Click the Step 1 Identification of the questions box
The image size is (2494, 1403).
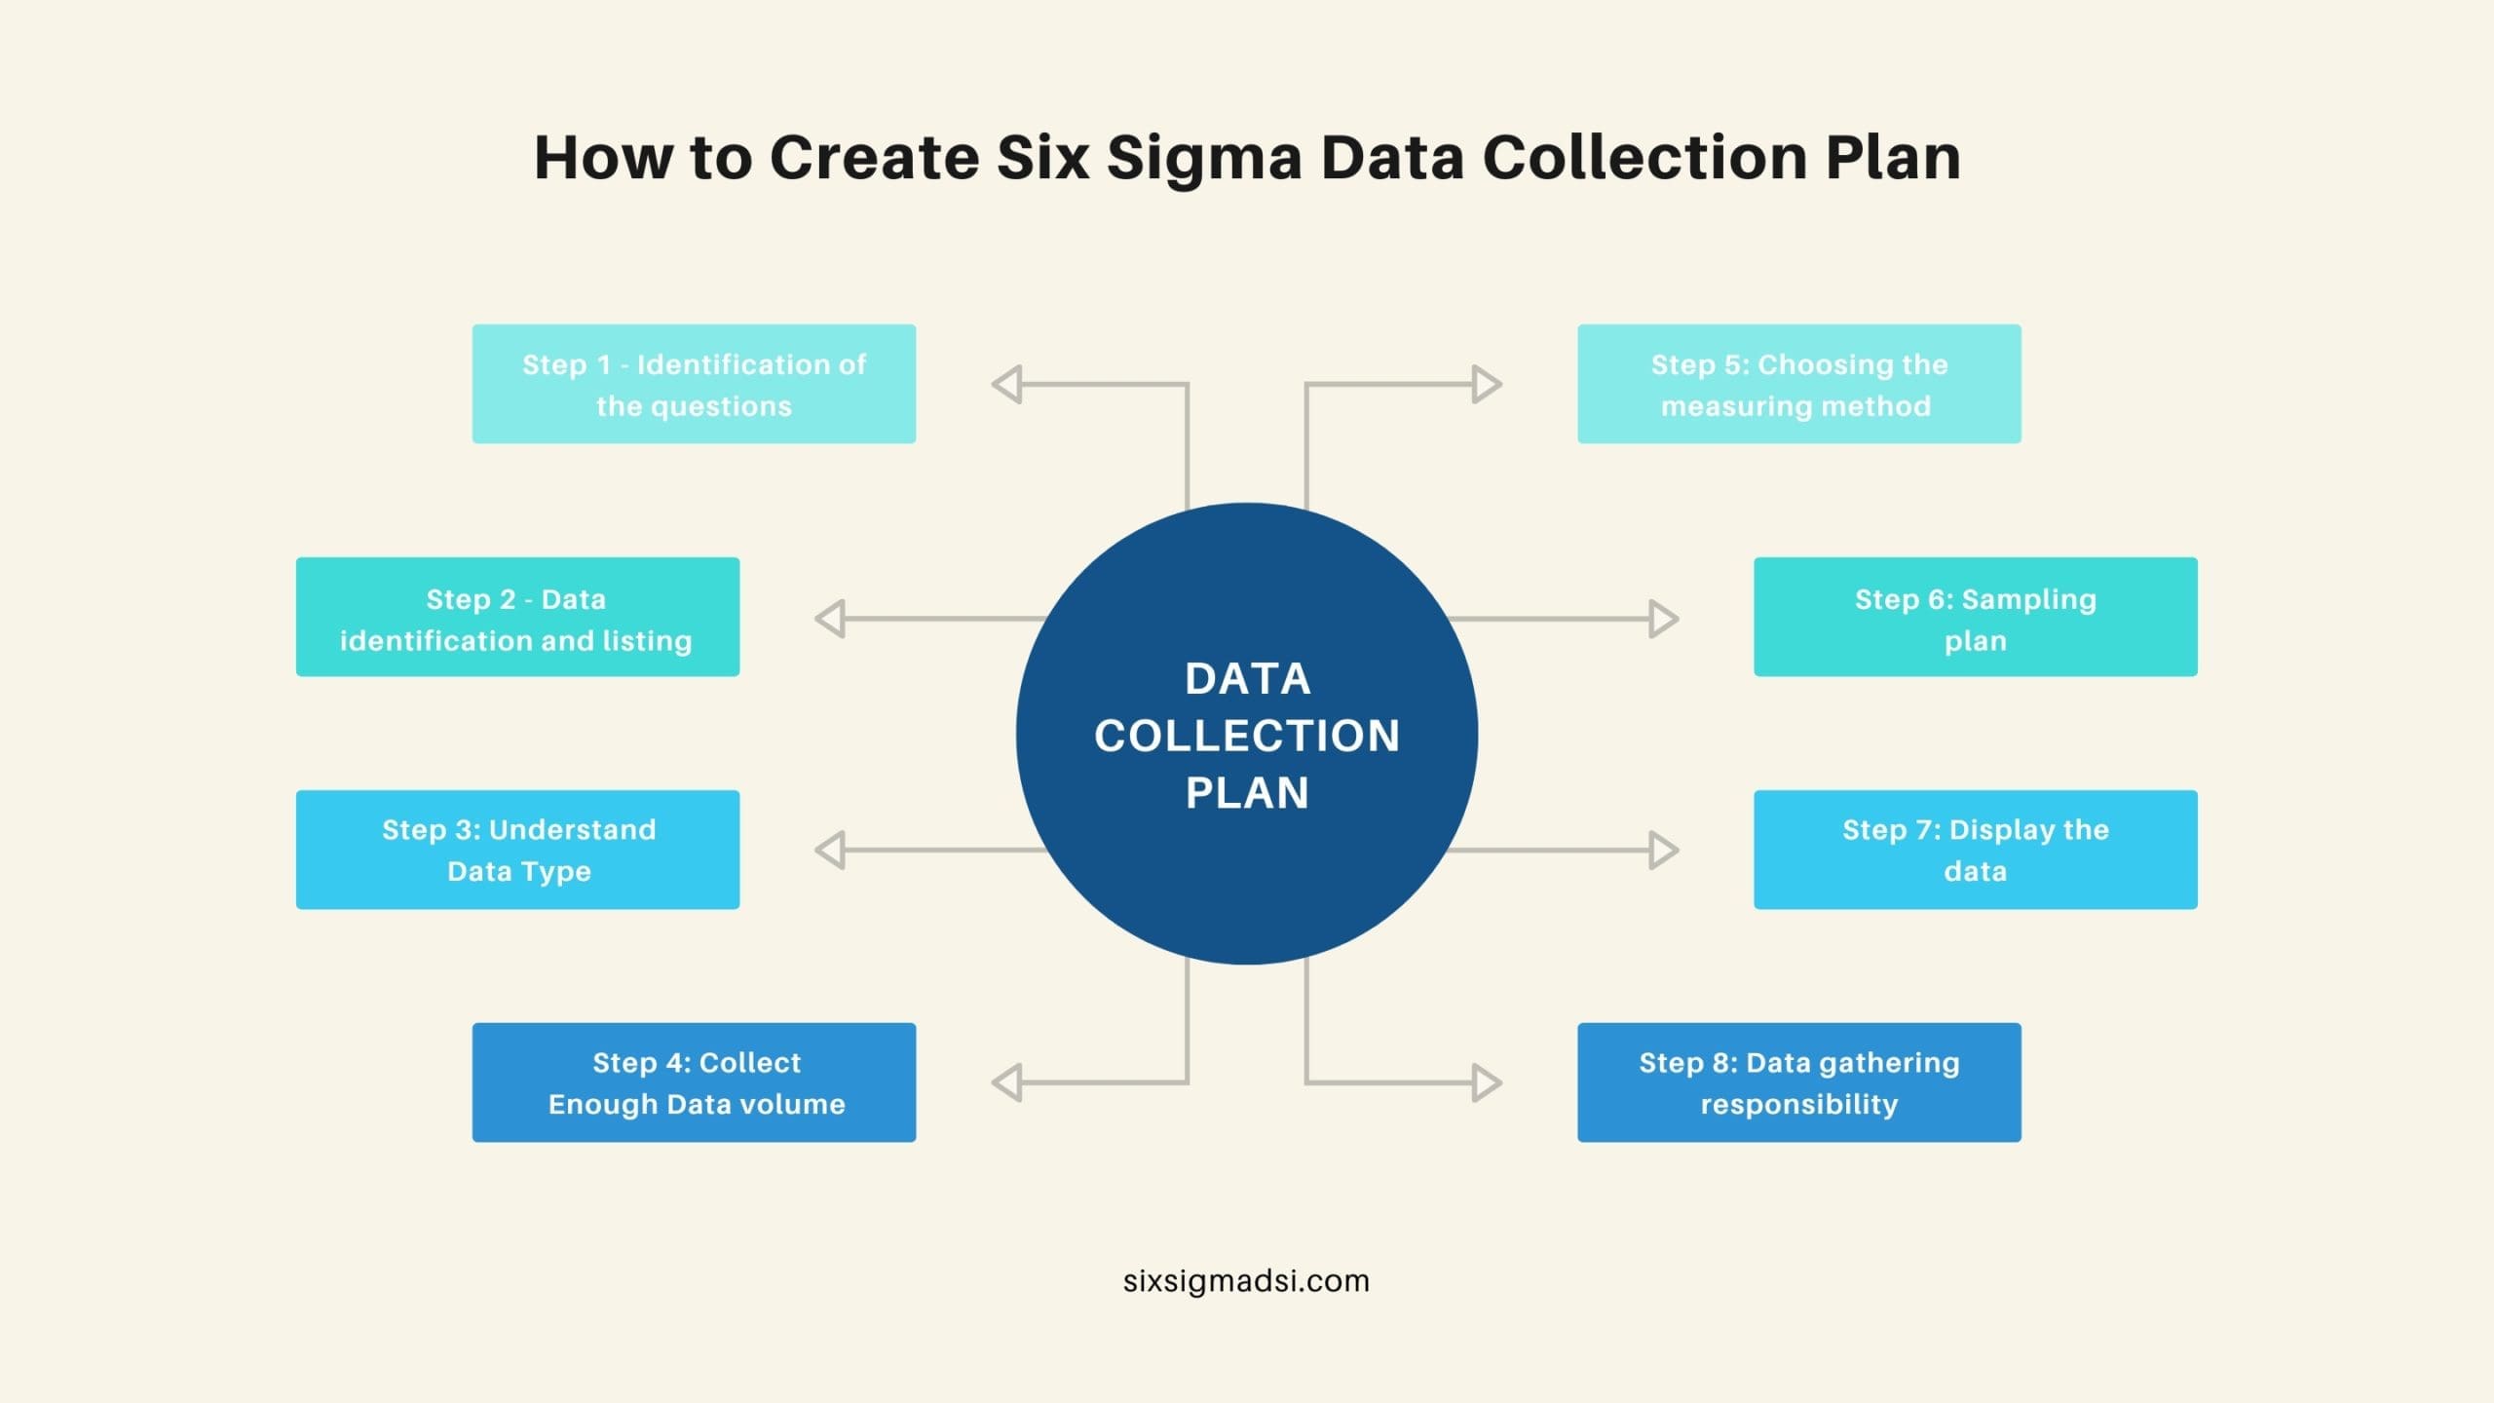point(694,384)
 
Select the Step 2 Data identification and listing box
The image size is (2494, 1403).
point(517,617)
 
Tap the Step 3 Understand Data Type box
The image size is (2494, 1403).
point(517,850)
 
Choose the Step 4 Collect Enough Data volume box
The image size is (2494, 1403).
point(694,1082)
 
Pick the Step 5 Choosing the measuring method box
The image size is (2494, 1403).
point(1799,384)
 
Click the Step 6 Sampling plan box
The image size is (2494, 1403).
point(1976,617)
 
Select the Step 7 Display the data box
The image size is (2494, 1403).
point(1976,850)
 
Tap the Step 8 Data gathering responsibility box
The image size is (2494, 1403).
point(1799,1082)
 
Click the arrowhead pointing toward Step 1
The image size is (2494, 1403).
point(1006,384)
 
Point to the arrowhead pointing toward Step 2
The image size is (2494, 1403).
point(830,619)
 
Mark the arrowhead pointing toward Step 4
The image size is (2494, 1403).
point(1006,1082)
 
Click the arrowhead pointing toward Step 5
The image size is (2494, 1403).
point(1487,384)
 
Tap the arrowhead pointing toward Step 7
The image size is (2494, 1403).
point(1663,850)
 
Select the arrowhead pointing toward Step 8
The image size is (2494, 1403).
point(1487,1082)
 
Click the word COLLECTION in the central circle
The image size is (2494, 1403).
point(1247,736)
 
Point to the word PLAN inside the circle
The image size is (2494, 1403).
point(1247,792)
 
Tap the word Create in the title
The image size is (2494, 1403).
point(874,157)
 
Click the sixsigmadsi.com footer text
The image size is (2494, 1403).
point(1246,1280)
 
